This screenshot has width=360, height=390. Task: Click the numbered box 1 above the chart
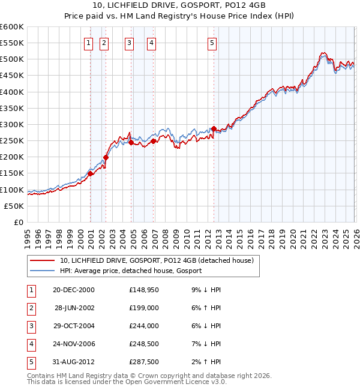point(89,43)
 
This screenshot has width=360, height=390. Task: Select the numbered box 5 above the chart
point(212,43)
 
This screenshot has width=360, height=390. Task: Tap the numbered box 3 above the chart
point(129,43)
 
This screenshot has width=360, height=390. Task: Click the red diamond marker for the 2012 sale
point(214,128)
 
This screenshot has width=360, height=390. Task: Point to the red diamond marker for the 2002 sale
point(106,157)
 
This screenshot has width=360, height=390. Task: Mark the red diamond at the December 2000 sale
point(90,173)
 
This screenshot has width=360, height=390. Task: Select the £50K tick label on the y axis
point(14,206)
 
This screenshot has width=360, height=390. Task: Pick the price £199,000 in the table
point(143,307)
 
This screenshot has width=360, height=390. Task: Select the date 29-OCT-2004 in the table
point(73,326)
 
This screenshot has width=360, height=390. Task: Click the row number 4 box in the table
point(30,344)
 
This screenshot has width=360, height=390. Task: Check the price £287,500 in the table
point(143,362)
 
